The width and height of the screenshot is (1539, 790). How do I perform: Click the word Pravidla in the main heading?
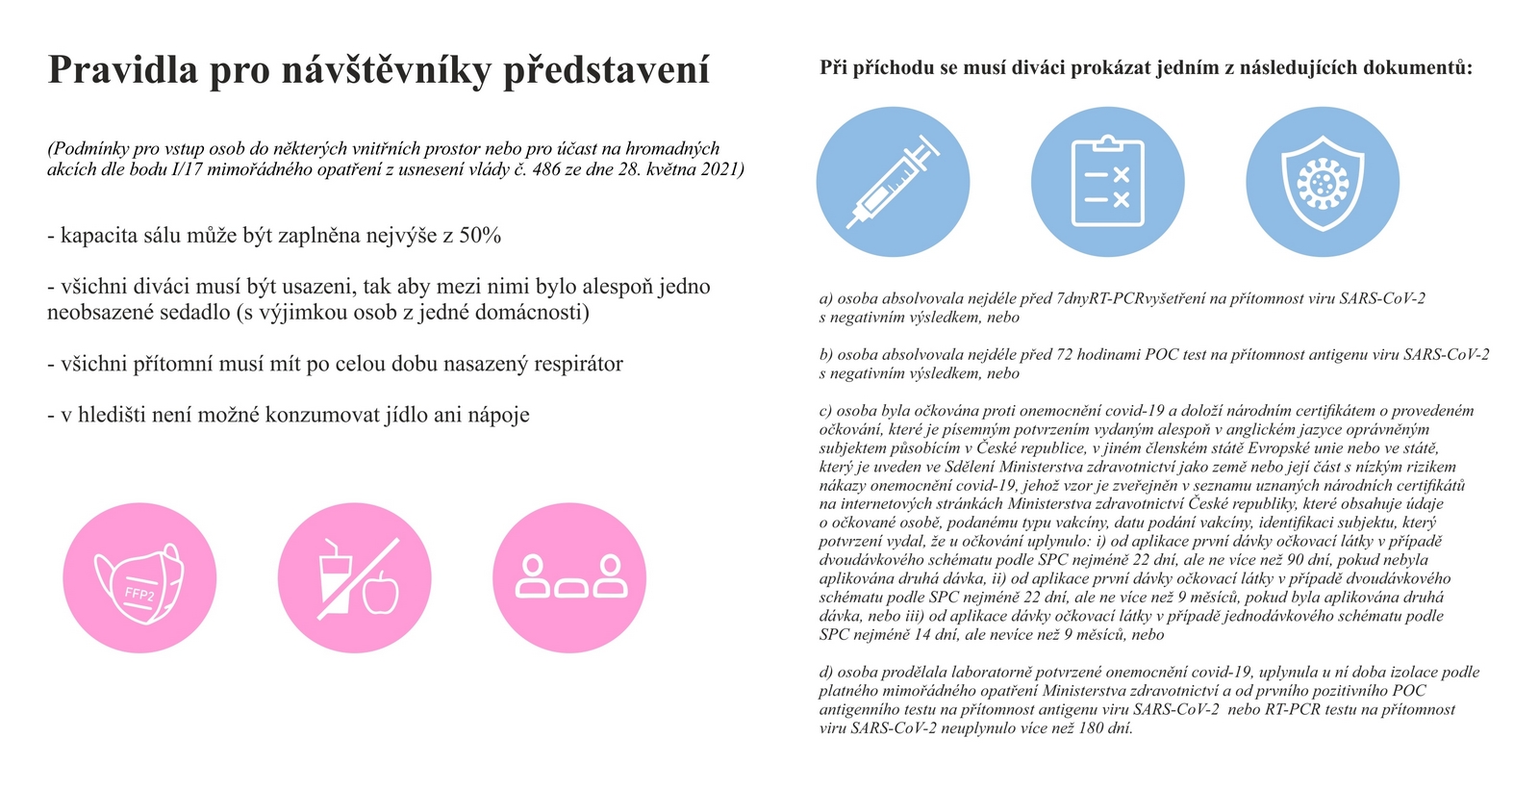122,71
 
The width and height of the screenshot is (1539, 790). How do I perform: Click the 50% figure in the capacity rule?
479,236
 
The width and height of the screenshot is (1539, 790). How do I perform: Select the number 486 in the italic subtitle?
546,169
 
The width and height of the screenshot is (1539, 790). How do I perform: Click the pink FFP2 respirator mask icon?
139,578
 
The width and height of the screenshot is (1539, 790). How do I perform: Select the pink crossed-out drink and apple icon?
354,578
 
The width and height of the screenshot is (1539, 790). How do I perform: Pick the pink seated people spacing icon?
569,578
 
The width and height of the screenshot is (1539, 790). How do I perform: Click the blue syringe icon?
893,181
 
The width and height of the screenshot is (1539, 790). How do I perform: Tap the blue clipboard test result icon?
1107,181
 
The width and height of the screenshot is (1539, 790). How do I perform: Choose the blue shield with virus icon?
1323,181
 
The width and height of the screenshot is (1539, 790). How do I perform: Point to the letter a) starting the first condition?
825,298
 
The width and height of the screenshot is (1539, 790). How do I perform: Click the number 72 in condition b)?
1064,354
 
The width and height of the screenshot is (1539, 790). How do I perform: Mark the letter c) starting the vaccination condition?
825,411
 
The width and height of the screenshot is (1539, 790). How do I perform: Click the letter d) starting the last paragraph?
825,672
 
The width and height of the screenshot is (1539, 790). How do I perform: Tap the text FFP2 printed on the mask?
139,594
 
